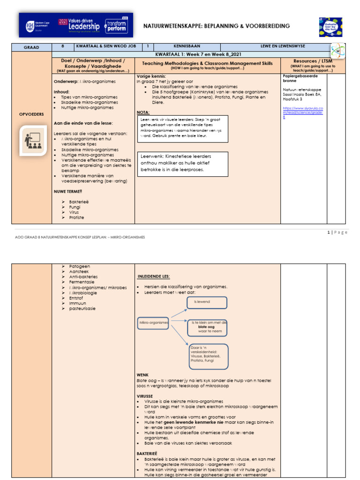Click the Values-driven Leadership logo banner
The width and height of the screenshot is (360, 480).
pyautogui.click(x=75, y=25)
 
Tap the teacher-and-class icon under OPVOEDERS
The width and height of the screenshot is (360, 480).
pyautogui.click(x=32, y=141)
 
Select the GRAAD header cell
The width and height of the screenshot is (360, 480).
pyautogui.click(x=32, y=47)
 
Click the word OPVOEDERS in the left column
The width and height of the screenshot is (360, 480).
pyautogui.click(x=32, y=114)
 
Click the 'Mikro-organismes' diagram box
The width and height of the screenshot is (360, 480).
pyautogui.click(x=153, y=322)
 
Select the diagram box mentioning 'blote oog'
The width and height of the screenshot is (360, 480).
pyautogui.click(x=207, y=327)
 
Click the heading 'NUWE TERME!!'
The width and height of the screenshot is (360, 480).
pyautogui.click(x=68, y=191)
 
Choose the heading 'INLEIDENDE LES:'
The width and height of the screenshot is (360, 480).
pyautogui.click(x=154, y=276)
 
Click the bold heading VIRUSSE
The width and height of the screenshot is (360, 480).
pyautogui.click(x=145, y=396)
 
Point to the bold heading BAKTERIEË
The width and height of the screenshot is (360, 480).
pyautogui.click(x=147, y=454)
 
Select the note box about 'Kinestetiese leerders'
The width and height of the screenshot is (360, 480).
pyautogui.click(x=183, y=164)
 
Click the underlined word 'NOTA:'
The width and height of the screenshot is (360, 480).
pyautogui.click(x=143, y=112)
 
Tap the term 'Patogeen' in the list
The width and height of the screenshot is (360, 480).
pyautogui.click(x=79, y=266)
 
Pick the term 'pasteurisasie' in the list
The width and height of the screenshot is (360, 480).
pyautogui.click(x=82, y=308)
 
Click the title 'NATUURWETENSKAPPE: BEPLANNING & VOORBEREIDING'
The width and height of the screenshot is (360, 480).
pyautogui.click(x=217, y=26)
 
